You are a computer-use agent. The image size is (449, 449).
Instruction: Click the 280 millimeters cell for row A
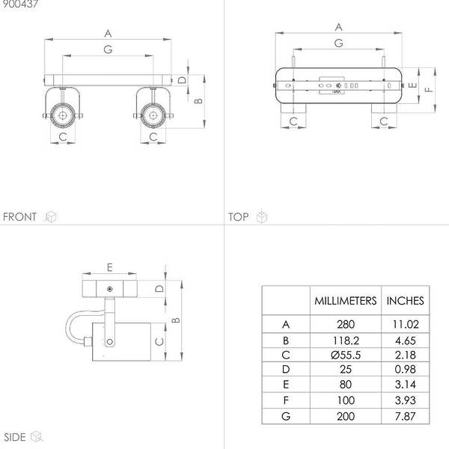(346, 325)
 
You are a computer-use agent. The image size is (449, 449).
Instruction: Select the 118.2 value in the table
(346, 340)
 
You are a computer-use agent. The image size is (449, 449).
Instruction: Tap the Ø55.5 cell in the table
(346, 355)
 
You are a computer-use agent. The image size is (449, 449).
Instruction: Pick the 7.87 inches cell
(405, 416)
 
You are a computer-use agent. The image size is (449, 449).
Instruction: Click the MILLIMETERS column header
(346, 301)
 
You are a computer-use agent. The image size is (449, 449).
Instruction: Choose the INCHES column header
(405, 301)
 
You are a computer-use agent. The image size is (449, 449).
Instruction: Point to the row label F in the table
(286, 400)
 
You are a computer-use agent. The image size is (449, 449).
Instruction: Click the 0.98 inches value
(405, 370)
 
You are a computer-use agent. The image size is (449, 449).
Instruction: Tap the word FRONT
(19, 217)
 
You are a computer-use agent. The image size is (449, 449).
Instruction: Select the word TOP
(238, 217)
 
